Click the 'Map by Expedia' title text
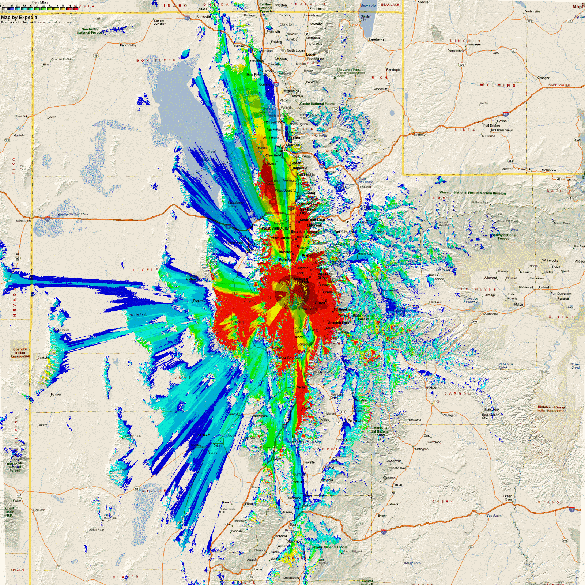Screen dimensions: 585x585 coord(19,17)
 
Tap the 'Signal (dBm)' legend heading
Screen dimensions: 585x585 coord(40,3)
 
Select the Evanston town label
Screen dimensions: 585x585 coord(420,135)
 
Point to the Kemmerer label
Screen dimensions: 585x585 coord(474,44)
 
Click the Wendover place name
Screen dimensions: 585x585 coord(23,221)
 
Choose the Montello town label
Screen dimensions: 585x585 coord(19,135)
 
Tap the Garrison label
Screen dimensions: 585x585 coord(39,510)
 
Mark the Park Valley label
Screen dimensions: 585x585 coord(128,45)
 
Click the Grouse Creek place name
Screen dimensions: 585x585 coord(61,59)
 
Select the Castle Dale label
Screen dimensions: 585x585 coord(398,468)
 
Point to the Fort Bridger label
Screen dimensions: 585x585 coord(492,125)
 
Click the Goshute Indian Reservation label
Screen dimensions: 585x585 coord(20,353)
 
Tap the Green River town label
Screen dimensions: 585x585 coord(508,498)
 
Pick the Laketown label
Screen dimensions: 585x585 coord(376,39)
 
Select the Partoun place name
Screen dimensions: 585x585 coord(56,395)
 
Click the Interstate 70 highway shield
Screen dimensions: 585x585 coord(572,509)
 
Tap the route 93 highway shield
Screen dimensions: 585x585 coord(17,258)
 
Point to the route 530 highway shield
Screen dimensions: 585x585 coord(577,140)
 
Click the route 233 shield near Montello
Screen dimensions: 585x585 coord(7,140)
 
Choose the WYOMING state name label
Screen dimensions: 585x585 coord(498,85)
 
